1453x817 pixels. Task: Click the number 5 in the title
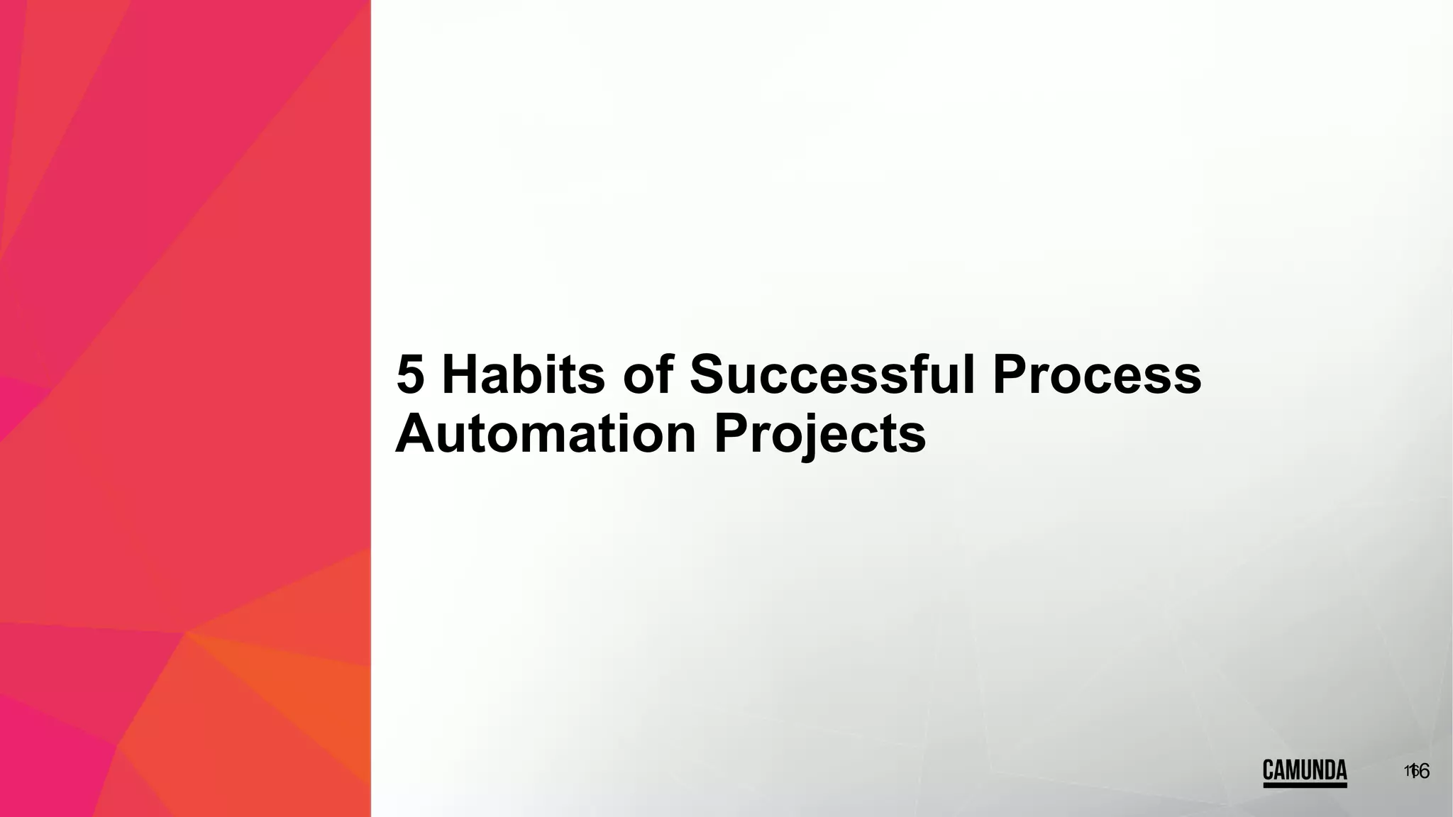point(411,375)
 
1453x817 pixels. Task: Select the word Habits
point(523,375)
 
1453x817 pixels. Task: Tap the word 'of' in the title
point(647,375)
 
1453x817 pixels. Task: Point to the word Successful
point(832,375)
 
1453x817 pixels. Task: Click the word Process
point(1096,375)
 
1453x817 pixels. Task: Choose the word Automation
point(545,434)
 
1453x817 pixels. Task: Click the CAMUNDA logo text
point(1304,769)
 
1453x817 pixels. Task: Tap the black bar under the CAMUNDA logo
point(1304,785)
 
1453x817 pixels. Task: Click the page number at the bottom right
point(1416,771)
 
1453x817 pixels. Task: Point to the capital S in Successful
point(710,375)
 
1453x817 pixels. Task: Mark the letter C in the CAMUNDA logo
point(1269,769)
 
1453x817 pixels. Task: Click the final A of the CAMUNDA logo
point(1340,769)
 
